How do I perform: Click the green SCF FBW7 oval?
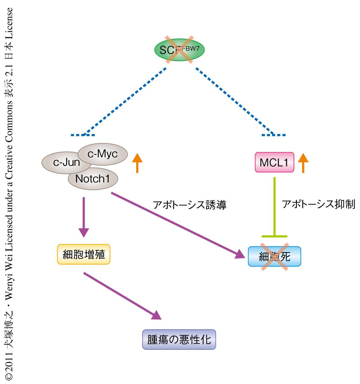coord(179,50)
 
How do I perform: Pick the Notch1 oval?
coord(93,179)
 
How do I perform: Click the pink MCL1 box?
coord(274,162)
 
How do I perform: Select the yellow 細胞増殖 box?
coord(84,254)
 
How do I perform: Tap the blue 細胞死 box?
coord(274,256)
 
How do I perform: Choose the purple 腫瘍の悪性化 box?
coord(179,339)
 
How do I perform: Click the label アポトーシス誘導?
coord(190,205)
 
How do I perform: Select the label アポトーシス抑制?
coord(318,204)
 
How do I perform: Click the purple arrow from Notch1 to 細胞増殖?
coord(84,216)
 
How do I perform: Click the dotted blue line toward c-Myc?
coord(126,100)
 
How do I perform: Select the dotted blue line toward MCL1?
coord(234,100)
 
